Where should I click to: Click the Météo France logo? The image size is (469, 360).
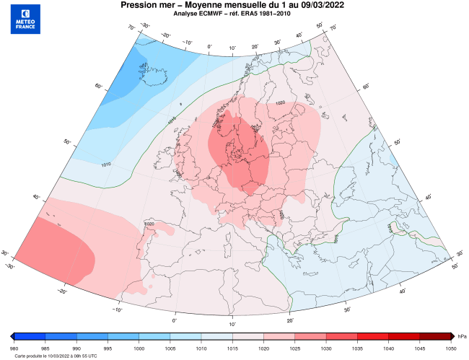[26, 19]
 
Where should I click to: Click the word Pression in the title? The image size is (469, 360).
[140, 5]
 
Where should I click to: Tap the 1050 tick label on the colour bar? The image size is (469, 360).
[451, 346]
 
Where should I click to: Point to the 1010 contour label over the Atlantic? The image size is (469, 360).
[106, 164]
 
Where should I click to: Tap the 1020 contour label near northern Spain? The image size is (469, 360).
[150, 225]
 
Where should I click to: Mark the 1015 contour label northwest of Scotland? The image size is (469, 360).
[172, 120]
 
